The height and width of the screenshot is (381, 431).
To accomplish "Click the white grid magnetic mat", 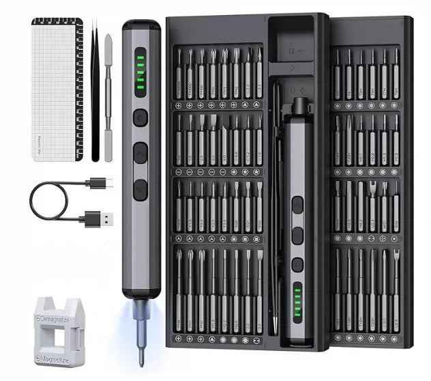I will [x=55, y=89].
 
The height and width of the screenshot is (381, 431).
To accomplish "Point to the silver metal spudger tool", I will [x=107, y=96].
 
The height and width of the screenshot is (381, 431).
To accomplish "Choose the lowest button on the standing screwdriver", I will [x=140, y=188].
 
